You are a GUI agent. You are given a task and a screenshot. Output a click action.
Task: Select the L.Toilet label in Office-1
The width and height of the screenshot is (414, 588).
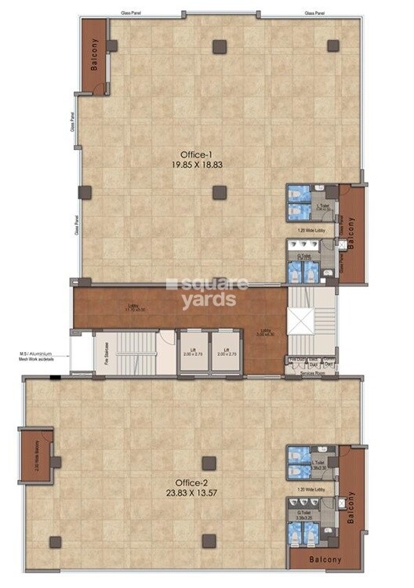321,208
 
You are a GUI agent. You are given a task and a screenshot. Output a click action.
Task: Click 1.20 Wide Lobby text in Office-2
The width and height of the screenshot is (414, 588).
311,488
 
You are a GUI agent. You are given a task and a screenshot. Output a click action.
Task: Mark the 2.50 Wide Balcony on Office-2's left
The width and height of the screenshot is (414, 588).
37,455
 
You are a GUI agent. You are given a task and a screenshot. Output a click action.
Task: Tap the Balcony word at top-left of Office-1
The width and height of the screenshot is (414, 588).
94,56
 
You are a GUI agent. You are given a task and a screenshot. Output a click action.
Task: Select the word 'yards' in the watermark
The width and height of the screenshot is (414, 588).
209,299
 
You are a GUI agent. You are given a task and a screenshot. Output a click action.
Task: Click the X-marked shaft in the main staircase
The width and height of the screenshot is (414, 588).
300,319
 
